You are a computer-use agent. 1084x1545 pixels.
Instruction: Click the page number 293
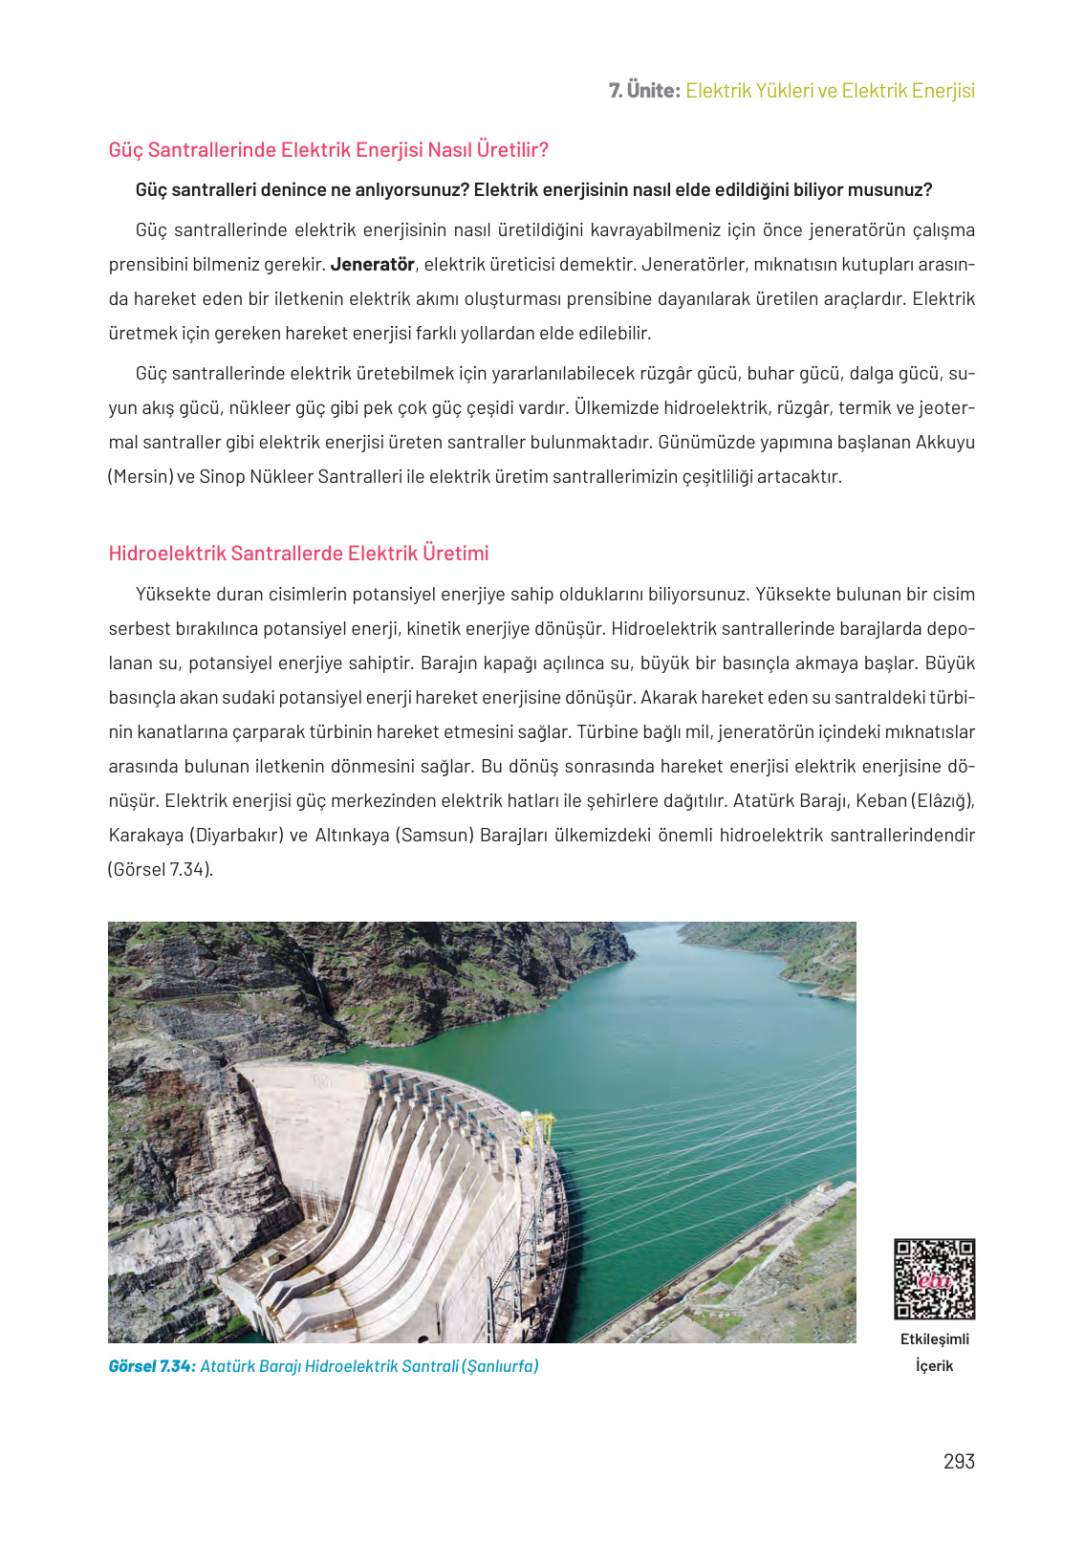tap(958, 1461)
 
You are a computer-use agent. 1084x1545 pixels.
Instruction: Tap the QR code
tap(934, 1279)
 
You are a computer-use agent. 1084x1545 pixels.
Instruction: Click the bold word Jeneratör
tap(372, 264)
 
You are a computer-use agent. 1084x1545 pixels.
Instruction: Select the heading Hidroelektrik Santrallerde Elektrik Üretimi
tap(298, 554)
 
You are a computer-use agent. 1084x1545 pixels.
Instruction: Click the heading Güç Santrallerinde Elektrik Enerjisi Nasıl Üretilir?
tap(328, 150)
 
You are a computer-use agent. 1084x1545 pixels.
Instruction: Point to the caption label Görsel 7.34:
tap(152, 1366)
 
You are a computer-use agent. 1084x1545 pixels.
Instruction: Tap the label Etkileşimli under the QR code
tap(934, 1339)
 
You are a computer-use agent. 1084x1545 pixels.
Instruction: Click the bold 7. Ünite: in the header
tap(644, 91)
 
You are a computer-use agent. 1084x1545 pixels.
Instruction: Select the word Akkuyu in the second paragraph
tap(944, 442)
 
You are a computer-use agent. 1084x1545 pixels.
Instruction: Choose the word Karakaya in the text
tap(144, 835)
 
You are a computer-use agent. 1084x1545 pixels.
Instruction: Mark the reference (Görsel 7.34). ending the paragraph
tap(161, 869)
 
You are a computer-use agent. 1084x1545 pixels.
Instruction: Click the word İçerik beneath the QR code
tap(934, 1365)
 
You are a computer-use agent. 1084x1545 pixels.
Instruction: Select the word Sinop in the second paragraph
tap(221, 476)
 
